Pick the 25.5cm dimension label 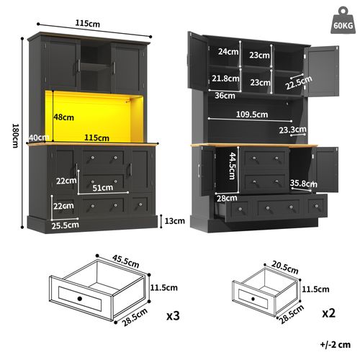click(x=65, y=225)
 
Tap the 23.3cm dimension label click(x=295, y=130)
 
